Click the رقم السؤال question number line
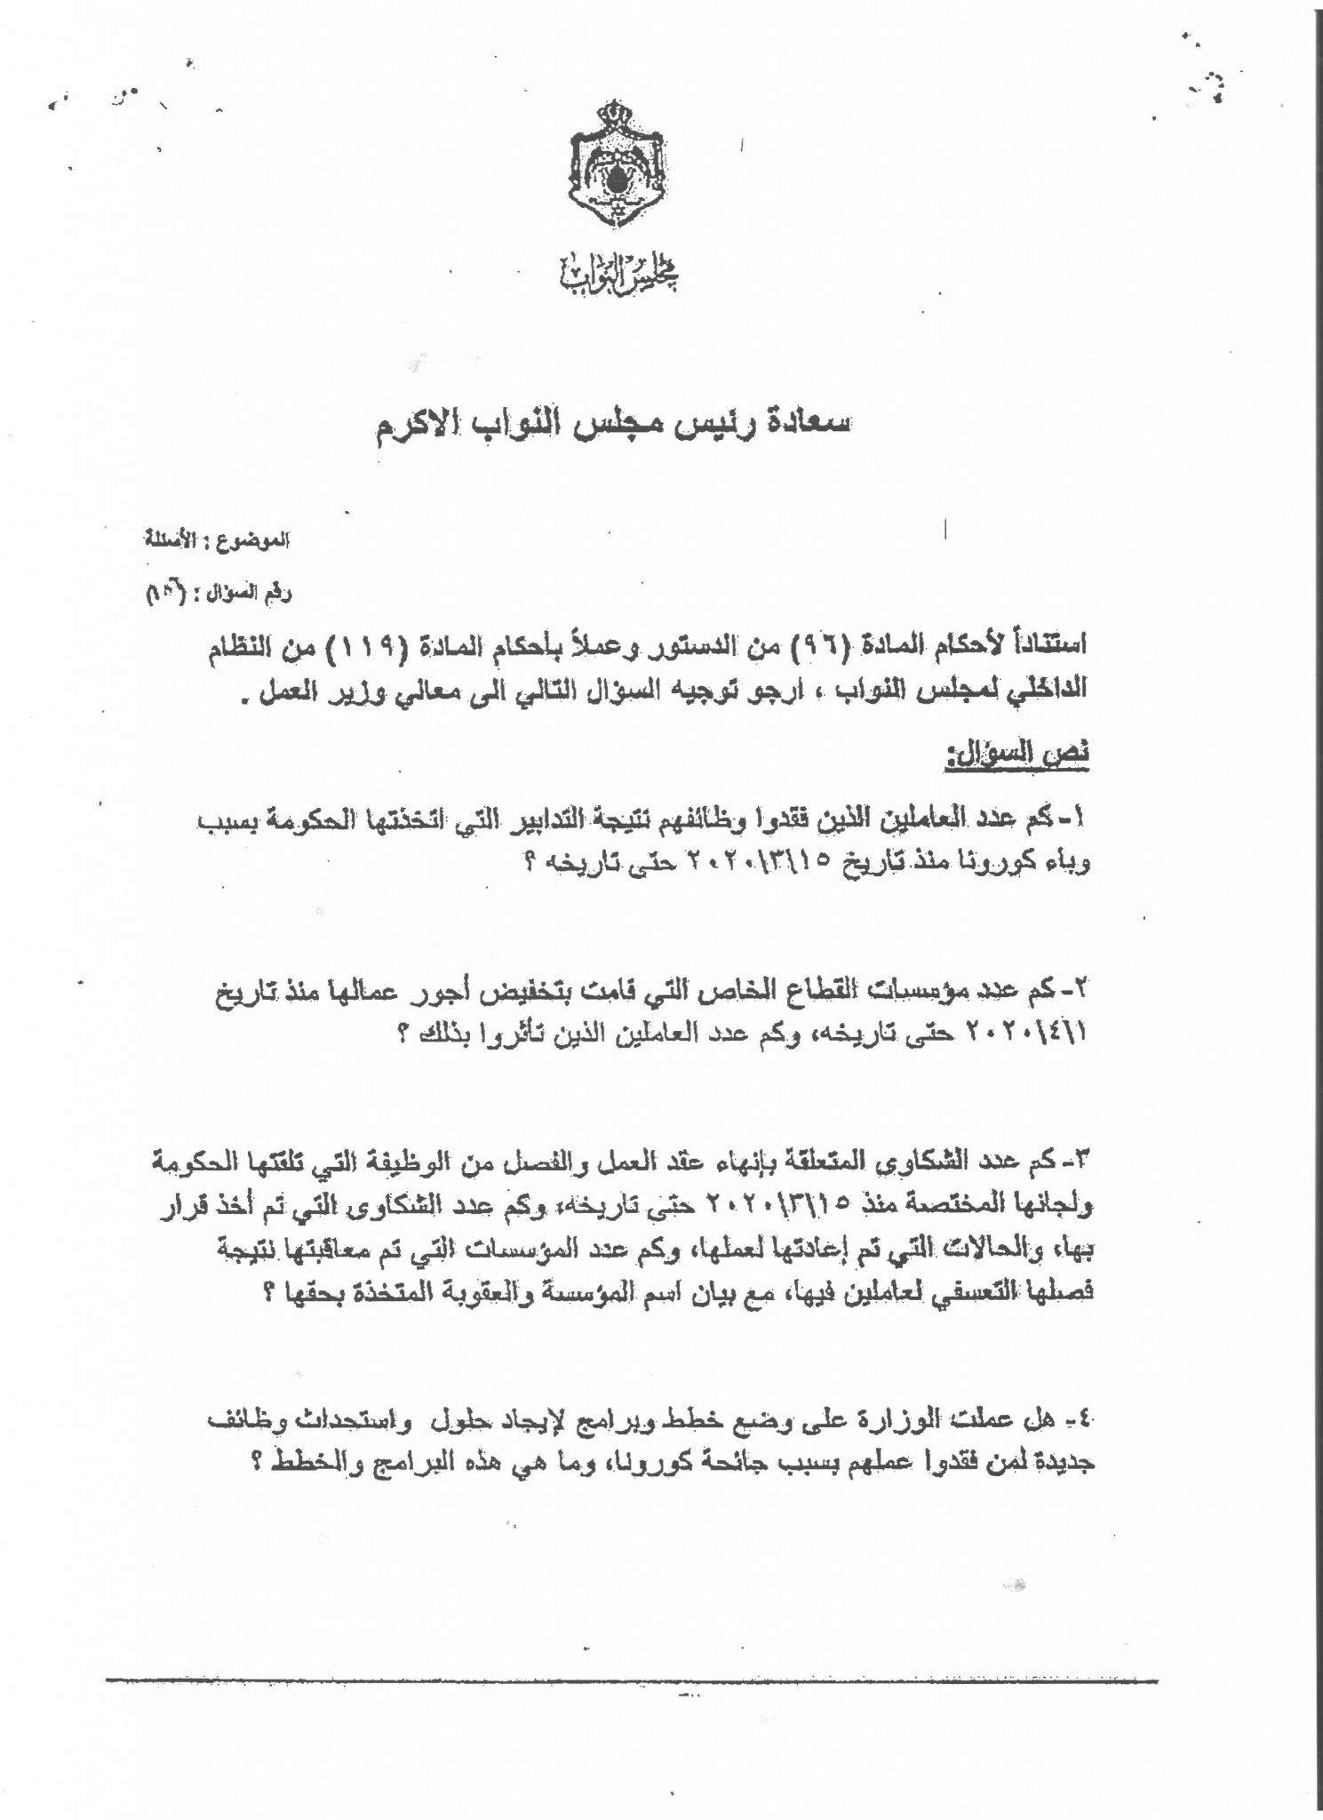(218, 594)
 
